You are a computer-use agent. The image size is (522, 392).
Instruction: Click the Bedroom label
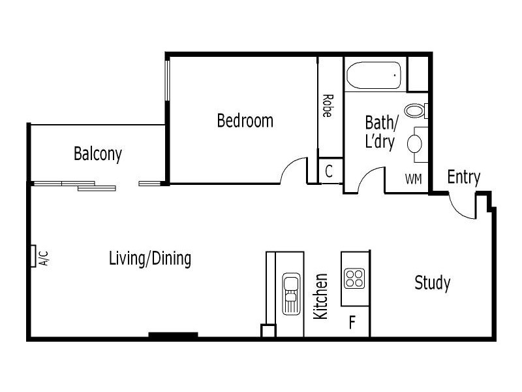coord(245,121)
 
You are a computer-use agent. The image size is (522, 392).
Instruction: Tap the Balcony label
coord(98,154)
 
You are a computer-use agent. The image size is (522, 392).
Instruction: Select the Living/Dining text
coord(150,259)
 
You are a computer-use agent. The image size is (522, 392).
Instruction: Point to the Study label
coord(433,283)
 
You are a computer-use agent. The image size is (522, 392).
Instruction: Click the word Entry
coord(463,177)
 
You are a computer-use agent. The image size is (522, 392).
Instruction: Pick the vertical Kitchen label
coord(321,296)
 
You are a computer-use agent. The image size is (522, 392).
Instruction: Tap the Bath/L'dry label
coord(380,132)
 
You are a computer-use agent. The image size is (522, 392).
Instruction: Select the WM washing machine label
coord(413,178)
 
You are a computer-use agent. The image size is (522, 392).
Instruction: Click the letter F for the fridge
coord(352,323)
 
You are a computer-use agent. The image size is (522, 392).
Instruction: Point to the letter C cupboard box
coord(330,172)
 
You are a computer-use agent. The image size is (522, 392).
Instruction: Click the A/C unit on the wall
coord(33,256)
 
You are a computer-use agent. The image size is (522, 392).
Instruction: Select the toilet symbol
coord(416,110)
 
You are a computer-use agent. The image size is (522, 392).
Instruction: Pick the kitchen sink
coord(290,293)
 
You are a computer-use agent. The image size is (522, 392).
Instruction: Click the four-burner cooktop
coord(355,278)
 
